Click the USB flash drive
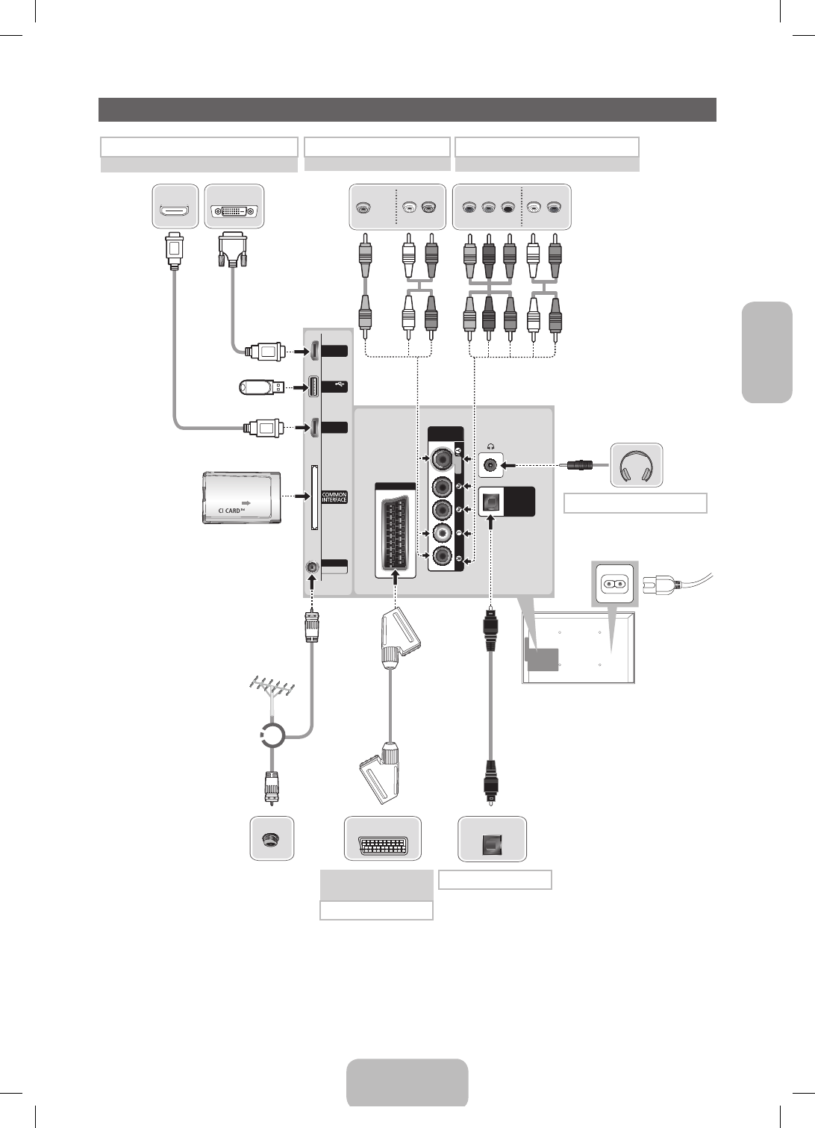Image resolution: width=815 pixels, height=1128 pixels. coord(261,387)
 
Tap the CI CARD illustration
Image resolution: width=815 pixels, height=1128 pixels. coord(242,497)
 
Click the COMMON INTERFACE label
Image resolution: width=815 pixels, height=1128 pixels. coord(334,497)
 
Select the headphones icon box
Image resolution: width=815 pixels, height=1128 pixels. coord(637,465)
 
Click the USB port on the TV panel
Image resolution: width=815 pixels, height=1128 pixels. coord(313,386)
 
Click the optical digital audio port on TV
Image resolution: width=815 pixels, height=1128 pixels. coord(490,502)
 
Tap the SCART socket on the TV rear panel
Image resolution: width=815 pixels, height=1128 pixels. coord(395,532)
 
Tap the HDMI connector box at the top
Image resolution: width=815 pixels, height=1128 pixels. coord(175,205)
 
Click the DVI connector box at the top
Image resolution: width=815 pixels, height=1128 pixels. coord(234,205)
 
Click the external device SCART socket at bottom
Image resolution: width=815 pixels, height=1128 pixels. coord(383,841)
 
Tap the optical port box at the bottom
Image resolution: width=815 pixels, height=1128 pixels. coord(492,841)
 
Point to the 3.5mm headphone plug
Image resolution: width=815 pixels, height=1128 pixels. coord(579,465)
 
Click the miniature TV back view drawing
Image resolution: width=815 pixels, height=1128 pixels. coord(578,648)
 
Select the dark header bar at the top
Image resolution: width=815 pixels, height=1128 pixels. coord(407,109)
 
